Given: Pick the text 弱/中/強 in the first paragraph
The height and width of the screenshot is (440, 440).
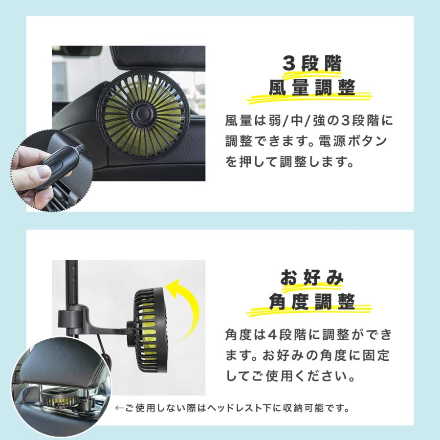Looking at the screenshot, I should click(x=304, y=120).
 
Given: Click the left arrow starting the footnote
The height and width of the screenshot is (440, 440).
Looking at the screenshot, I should click(x=119, y=407).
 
